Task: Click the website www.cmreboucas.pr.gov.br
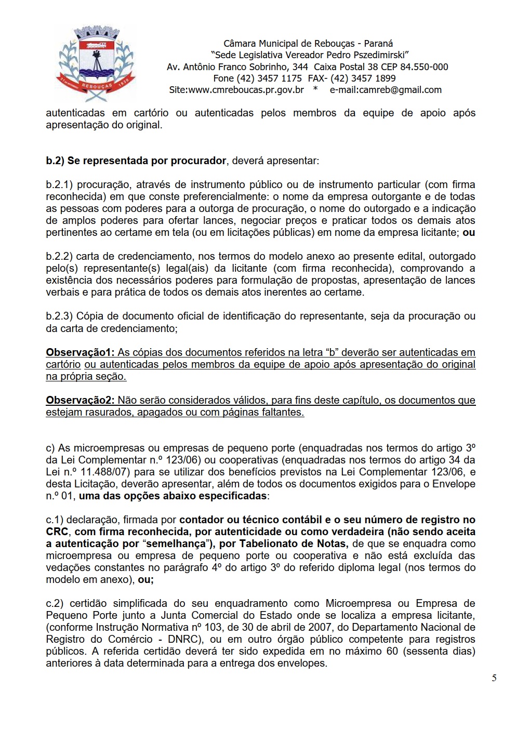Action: tap(245, 89)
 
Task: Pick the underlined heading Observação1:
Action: tap(80, 352)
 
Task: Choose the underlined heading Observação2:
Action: tap(80, 400)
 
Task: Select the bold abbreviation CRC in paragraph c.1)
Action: tap(57, 532)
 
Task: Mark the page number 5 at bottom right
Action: tap(494, 678)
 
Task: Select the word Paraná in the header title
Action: tap(378, 43)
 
